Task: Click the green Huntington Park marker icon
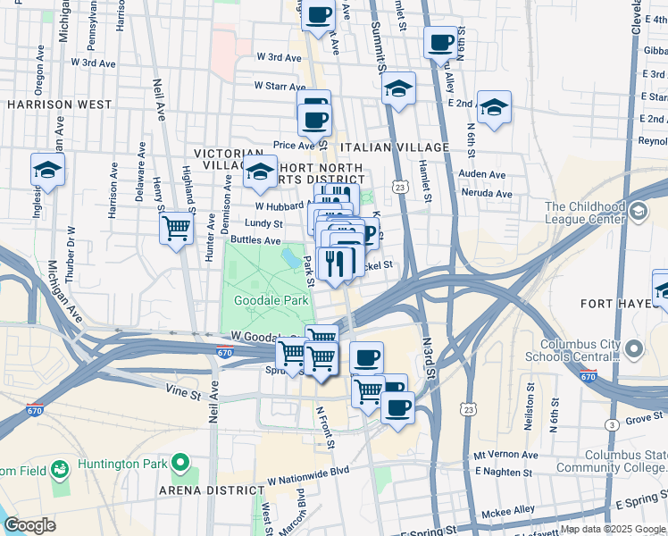click(180, 463)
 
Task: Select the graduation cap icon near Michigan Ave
click(47, 170)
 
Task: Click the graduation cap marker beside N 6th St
click(494, 107)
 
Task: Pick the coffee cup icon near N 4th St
click(440, 42)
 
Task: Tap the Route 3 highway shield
click(612, 424)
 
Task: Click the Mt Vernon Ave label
click(506, 455)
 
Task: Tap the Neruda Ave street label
click(485, 193)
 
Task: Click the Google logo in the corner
click(29, 525)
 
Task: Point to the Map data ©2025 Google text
click(612, 529)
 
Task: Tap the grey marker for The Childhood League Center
click(638, 211)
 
